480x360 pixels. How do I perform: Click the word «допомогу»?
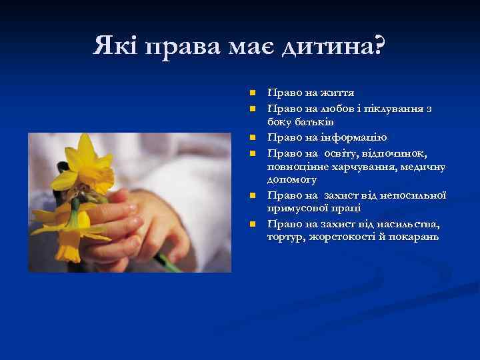[293, 180]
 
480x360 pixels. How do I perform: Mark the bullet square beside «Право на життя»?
[252, 93]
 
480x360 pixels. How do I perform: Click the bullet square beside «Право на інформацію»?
[252, 137]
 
